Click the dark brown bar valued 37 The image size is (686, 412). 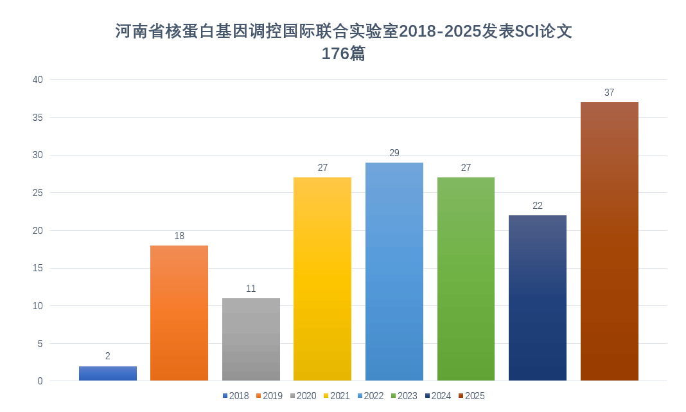pyautogui.click(x=609, y=241)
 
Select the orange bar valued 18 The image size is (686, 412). pyautogui.click(x=179, y=313)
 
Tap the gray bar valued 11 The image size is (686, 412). pyautogui.click(x=251, y=339)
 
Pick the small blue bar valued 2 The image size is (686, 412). pyautogui.click(x=108, y=373)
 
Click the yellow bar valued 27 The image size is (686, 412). pyautogui.click(x=322, y=279)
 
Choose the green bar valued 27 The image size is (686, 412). pyautogui.click(x=466, y=279)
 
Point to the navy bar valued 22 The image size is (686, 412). pyautogui.click(x=538, y=298)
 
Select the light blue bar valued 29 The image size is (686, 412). pyautogui.click(x=394, y=271)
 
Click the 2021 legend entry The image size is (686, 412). pyautogui.click(x=336, y=396)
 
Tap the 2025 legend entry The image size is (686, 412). pyautogui.click(x=471, y=396)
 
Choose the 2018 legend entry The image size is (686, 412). pyautogui.click(x=235, y=396)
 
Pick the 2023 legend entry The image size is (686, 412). pyautogui.click(x=403, y=396)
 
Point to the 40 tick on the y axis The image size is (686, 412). pyautogui.click(x=38, y=80)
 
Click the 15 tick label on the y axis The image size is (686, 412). pyautogui.click(x=38, y=268)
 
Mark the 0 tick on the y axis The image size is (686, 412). pyautogui.click(x=40, y=381)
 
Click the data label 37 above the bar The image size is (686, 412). pyautogui.click(x=609, y=93)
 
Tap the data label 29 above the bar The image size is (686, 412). pyautogui.click(x=394, y=153)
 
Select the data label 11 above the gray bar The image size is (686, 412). pyautogui.click(x=251, y=289)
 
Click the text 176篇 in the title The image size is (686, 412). pyautogui.click(x=343, y=54)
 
